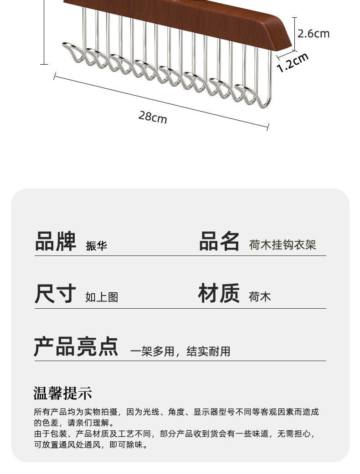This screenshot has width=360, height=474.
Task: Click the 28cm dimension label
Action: click(153, 117)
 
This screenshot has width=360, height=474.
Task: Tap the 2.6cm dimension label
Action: click(313, 34)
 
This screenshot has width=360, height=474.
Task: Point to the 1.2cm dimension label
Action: click(293, 62)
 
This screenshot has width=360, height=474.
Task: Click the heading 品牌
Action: click(56, 241)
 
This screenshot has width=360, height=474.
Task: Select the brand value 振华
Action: click(97, 246)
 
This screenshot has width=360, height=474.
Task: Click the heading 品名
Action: click(219, 241)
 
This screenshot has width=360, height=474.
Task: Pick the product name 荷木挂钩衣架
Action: click(283, 245)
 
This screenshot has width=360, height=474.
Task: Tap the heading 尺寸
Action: click(55, 294)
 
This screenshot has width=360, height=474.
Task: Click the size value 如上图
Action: click(102, 297)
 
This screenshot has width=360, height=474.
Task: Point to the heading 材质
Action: click(219, 293)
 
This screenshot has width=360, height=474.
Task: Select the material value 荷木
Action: click(260, 297)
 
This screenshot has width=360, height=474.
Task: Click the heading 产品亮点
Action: click(76, 347)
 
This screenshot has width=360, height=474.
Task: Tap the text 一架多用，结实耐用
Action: click(180, 351)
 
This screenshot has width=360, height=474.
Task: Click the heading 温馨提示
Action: click(63, 392)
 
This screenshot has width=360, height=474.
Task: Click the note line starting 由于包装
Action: click(175, 433)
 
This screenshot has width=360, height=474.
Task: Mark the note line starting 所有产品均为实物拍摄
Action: click(176, 412)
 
